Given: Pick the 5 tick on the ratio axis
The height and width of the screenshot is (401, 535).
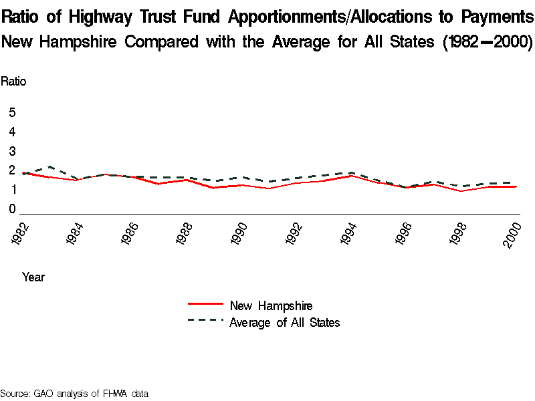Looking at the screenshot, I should pyautogui.click(x=12, y=113).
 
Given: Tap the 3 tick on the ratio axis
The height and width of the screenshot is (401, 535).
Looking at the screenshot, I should pyautogui.click(x=12, y=152).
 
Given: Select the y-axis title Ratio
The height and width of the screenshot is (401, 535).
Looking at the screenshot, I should pyautogui.click(x=13, y=82).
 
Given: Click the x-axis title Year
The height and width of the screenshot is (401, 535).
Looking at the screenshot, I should pyautogui.click(x=33, y=276).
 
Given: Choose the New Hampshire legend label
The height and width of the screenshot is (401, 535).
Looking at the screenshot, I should pyautogui.click(x=271, y=306).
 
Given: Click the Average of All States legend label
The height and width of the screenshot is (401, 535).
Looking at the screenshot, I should pyautogui.click(x=285, y=323).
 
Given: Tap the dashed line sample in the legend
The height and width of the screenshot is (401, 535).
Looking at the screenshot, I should pyautogui.click(x=205, y=320).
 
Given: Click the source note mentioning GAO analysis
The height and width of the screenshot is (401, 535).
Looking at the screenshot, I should pyautogui.click(x=74, y=393).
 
